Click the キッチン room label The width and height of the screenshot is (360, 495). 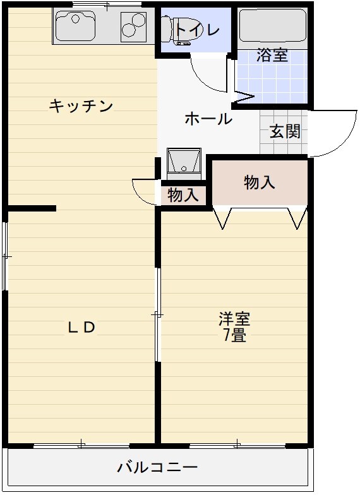81,106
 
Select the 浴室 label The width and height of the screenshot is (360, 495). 272,56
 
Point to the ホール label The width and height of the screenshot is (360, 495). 208,119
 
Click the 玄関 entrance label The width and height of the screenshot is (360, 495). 285,132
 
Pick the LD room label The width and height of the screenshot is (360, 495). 81,327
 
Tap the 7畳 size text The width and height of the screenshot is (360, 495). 234,335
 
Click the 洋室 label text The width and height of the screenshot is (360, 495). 234,318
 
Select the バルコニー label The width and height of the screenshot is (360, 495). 157,468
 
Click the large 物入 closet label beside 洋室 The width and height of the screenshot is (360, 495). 260,182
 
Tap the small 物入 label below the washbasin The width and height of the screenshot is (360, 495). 183,195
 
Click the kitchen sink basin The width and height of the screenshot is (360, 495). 76,26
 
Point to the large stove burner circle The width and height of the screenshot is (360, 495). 133,30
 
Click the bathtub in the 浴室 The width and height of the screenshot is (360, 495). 272,25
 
